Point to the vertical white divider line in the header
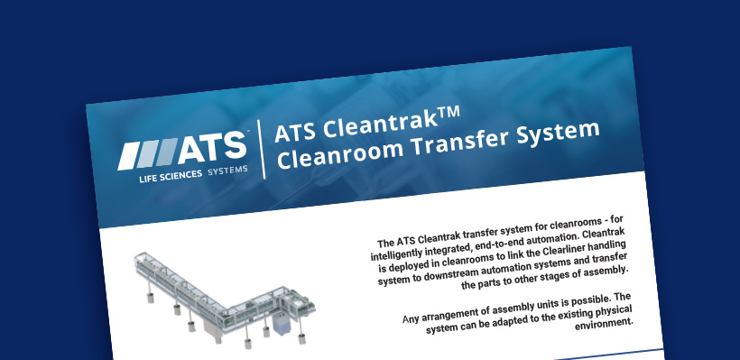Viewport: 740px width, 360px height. [x=260, y=150]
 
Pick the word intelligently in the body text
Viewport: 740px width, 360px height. [x=403, y=254]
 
